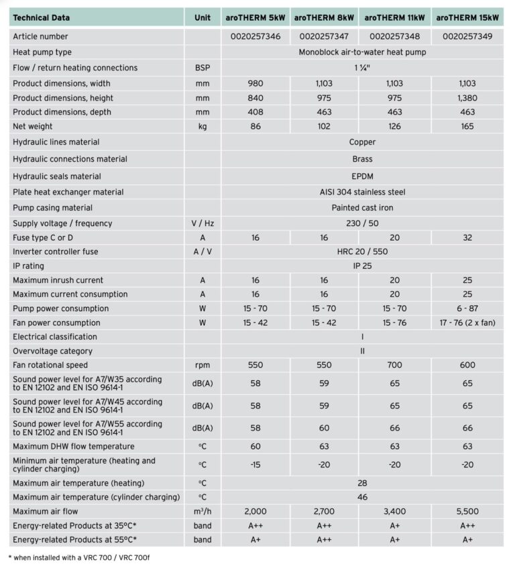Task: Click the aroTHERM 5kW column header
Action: click(x=255, y=17)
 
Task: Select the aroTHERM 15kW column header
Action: click(x=467, y=17)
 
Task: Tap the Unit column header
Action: click(x=202, y=17)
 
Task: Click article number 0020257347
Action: click(x=325, y=37)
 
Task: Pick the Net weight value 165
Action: click(x=467, y=127)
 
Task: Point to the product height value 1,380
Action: click(x=467, y=98)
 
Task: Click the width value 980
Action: click(x=255, y=84)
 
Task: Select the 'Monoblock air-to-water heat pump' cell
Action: click(x=362, y=52)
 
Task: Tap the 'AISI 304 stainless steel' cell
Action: click(x=362, y=192)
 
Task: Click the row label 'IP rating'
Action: click(x=29, y=266)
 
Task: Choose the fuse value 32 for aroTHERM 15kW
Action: click(x=467, y=238)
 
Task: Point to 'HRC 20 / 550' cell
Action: click(x=362, y=252)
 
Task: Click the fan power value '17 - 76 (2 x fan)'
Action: click(x=467, y=323)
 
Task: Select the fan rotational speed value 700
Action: click(x=394, y=365)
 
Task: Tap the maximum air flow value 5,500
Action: click(x=467, y=511)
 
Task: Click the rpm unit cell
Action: click(x=202, y=365)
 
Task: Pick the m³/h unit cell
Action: click(x=202, y=511)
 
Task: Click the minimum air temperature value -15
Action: click(x=255, y=464)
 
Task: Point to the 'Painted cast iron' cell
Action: click(x=362, y=208)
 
